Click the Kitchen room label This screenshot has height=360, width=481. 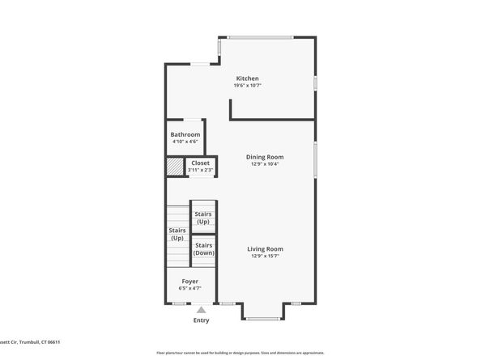pyautogui.click(x=247, y=78)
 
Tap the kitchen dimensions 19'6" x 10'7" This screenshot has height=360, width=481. pyautogui.click(x=247, y=86)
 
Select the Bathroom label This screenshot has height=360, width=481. pyautogui.click(x=185, y=134)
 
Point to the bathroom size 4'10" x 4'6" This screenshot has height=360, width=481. pyautogui.click(x=185, y=142)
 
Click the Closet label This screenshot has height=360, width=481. pyautogui.click(x=200, y=163)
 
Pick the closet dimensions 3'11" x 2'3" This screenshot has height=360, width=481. pyautogui.click(x=200, y=170)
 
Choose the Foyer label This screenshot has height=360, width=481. pyautogui.click(x=189, y=282)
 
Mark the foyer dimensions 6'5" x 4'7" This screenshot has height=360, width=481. pyautogui.click(x=189, y=289)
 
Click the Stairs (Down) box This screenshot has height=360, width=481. pyautogui.click(x=203, y=249)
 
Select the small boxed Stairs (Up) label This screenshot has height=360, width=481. pyautogui.click(x=203, y=218)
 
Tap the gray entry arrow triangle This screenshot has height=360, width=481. pyautogui.click(x=201, y=309)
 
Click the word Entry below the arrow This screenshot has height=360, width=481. pyautogui.click(x=201, y=320)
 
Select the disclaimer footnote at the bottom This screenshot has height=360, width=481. pyautogui.click(x=240, y=354)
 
